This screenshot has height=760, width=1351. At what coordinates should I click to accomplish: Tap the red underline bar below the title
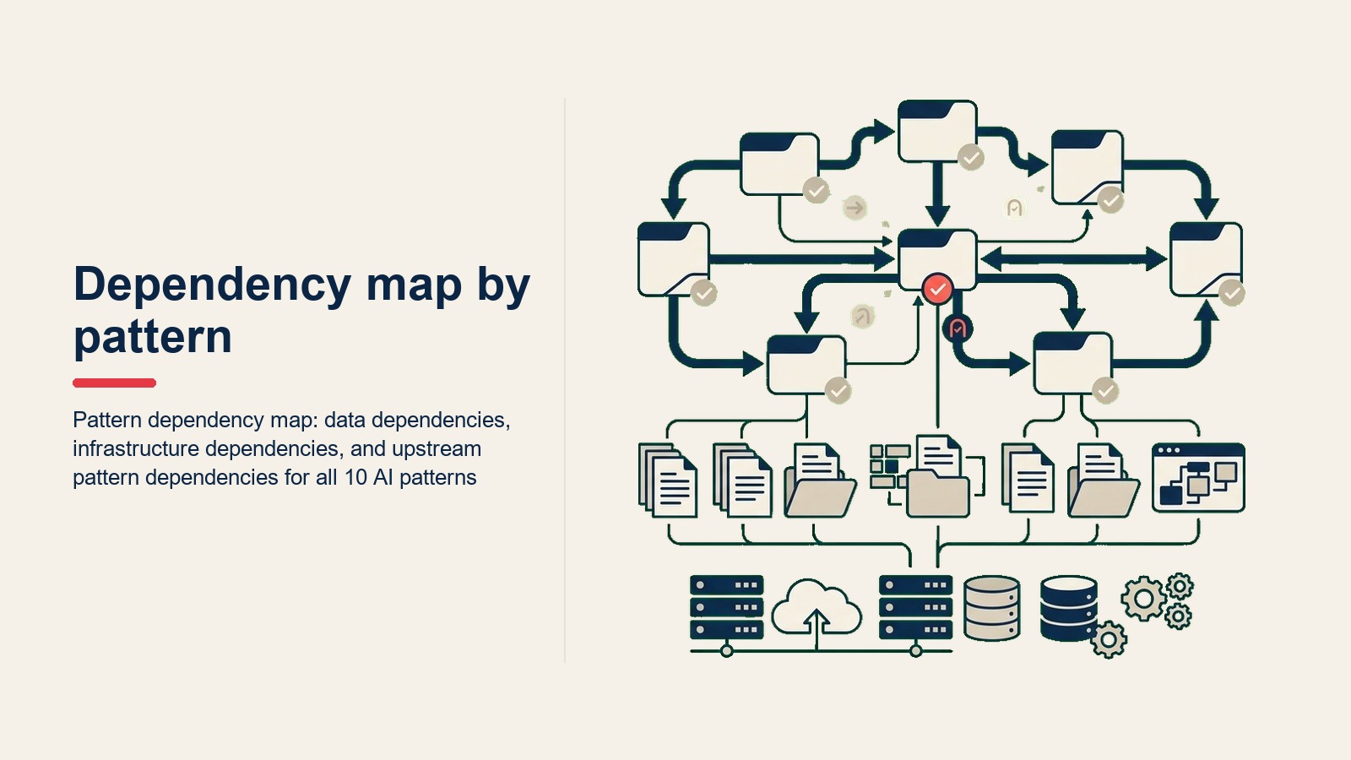tap(115, 383)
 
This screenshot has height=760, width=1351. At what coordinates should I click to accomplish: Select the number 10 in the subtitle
tap(355, 477)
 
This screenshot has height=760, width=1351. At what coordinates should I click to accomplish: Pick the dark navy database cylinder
tap(1069, 608)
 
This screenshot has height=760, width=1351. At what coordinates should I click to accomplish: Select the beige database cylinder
tap(992, 608)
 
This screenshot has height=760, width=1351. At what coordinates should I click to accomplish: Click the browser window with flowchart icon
tap(1198, 478)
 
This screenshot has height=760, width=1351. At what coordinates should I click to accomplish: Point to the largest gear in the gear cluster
tap(1143, 599)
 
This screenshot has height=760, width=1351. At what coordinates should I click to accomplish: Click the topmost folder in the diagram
tap(937, 132)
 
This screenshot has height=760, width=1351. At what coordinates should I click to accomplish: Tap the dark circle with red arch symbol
tap(958, 328)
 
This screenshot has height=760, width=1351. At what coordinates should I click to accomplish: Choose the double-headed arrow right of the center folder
tap(1073, 259)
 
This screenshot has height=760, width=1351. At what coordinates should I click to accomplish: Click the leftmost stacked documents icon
tap(668, 480)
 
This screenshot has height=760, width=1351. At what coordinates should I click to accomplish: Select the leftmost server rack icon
tap(727, 607)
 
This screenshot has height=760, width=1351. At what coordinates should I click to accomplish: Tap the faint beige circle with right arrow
tap(855, 208)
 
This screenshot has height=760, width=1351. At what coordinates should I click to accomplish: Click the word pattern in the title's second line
tap(153, 338)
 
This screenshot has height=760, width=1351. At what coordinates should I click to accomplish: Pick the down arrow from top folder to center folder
tap(937, 194)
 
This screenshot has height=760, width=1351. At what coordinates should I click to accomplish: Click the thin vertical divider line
tap(565, 380)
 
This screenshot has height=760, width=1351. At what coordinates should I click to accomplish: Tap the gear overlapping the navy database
tap(1109, 639)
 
